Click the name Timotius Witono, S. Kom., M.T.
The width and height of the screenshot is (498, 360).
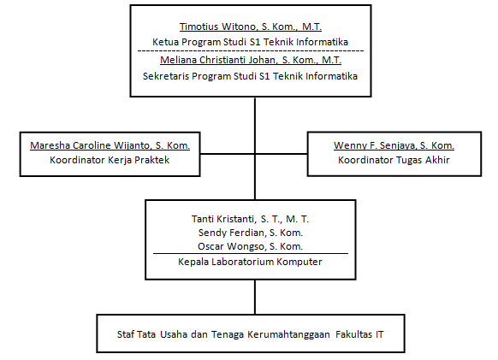pos(251,27)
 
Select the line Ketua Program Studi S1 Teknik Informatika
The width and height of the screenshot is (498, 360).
pos(250,42)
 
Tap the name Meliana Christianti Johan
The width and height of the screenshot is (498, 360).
pos(218,60)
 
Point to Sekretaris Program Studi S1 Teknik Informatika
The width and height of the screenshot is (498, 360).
pos(250,76)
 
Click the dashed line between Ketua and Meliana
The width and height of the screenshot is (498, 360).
pos(251,50)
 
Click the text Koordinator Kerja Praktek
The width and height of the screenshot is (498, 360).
pos(110,160)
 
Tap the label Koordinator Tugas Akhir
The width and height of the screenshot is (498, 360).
pos(394,160)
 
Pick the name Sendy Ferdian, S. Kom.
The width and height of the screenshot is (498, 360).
pos(251,233)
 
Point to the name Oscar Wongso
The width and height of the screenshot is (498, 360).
pos(230,246)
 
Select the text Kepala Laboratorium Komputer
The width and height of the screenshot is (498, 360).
pos(250,262)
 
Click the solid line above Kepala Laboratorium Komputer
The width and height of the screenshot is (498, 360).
pos(251,254)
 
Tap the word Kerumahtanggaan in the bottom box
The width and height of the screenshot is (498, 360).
pos(288,334)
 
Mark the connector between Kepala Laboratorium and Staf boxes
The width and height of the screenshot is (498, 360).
pos(255,297)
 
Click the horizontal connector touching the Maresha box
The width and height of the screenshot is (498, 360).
pos(227,154)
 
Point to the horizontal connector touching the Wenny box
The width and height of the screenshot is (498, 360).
pos(281,154)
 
